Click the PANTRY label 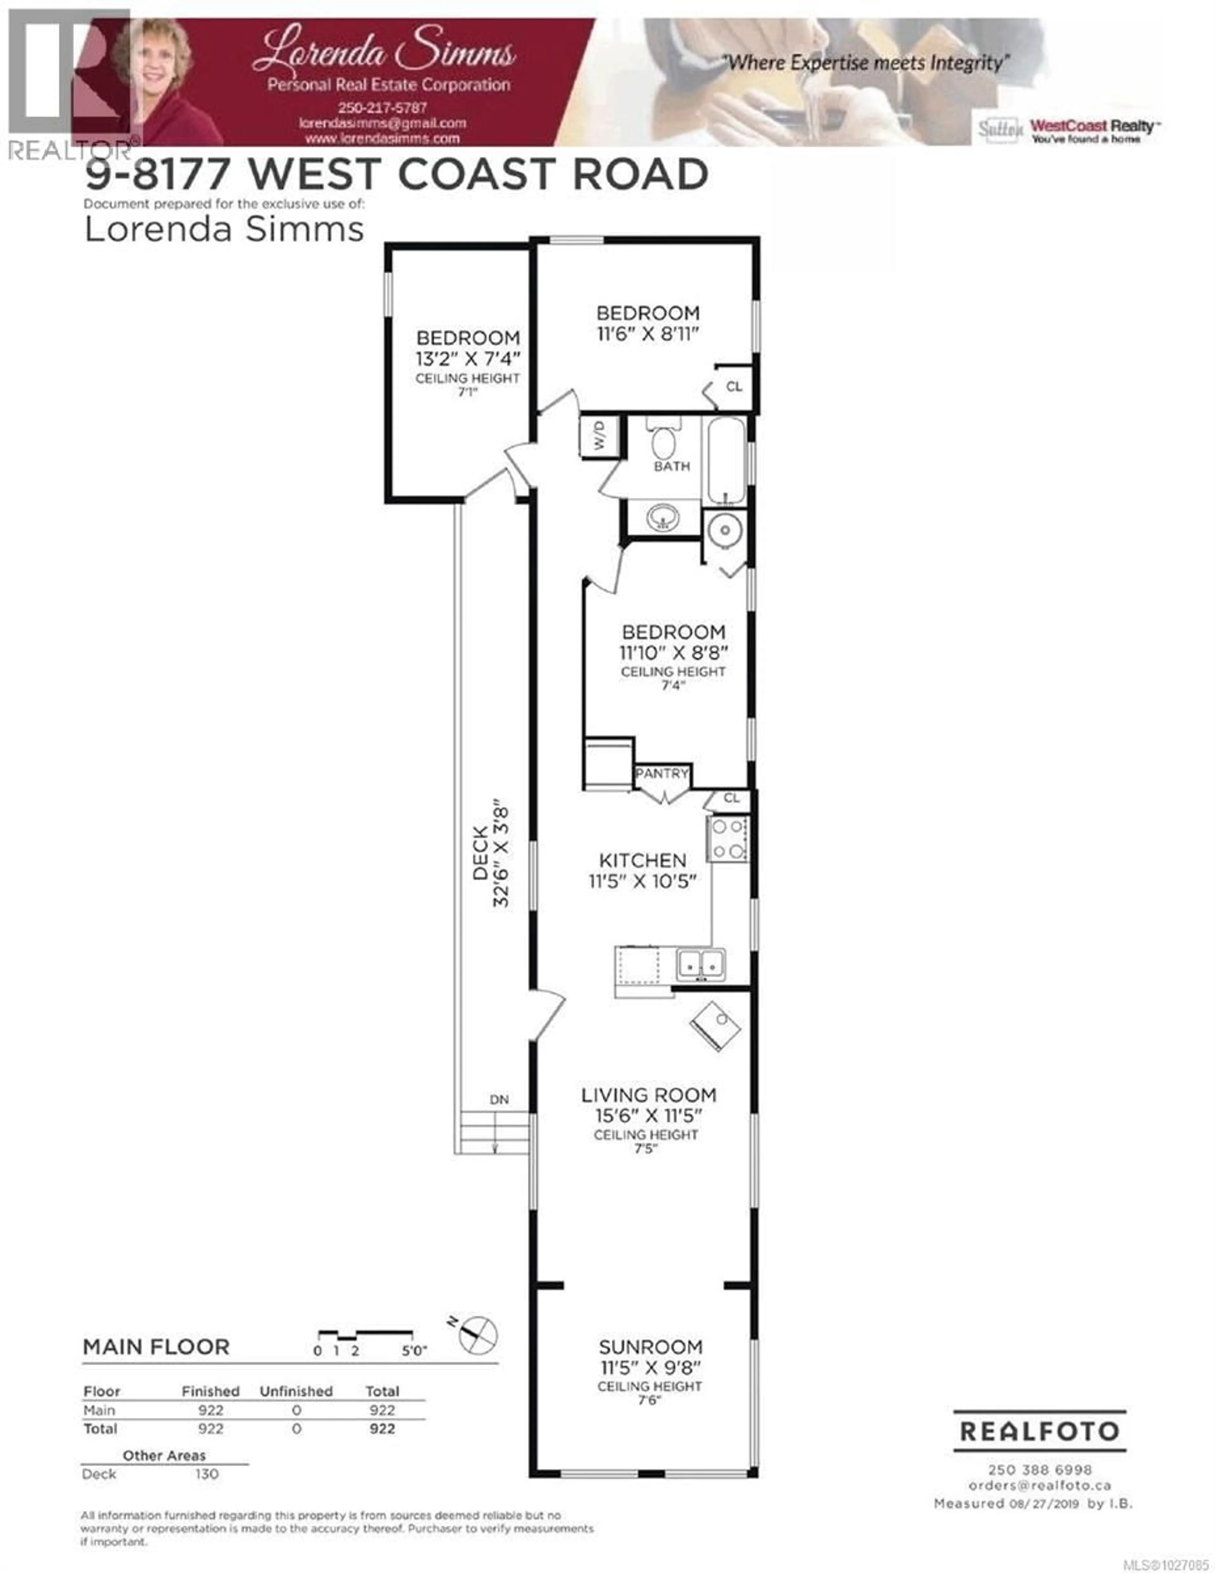point(661,774)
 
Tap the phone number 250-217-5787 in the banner point(383,107)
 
